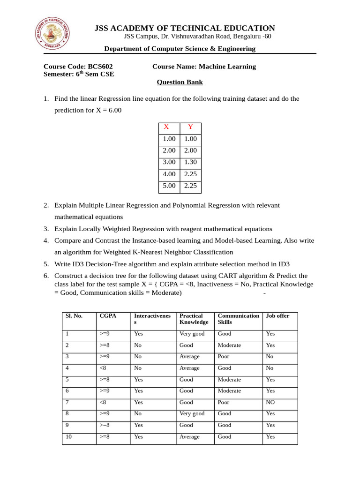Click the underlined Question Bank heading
pyautogui.click(x=180, y=82)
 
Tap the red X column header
pyautogui.click(x=166, y=127)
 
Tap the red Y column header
pyautogui.click(x=190, y=127)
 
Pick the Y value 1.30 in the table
pyautogui.click(x=190, y=162)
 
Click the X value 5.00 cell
pyautogui.click(x=169, y=186)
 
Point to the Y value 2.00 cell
pyautogui.click(x=190, y=150)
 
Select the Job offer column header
pyautogui.click(x=277, y=316)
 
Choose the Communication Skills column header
pyautogui.click(x=238, y=319)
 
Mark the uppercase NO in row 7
pyautogui.click(x=271, y=403)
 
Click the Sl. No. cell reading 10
pyautogui.click(x=69, y=437)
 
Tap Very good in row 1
pyautogui.click(x=192, y=334)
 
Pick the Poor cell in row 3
pyautogui.click(x=224, y=357)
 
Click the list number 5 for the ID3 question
pyautogui.click(x=46, y=264)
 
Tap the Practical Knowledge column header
pyautogui.click(x=194, y=319)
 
